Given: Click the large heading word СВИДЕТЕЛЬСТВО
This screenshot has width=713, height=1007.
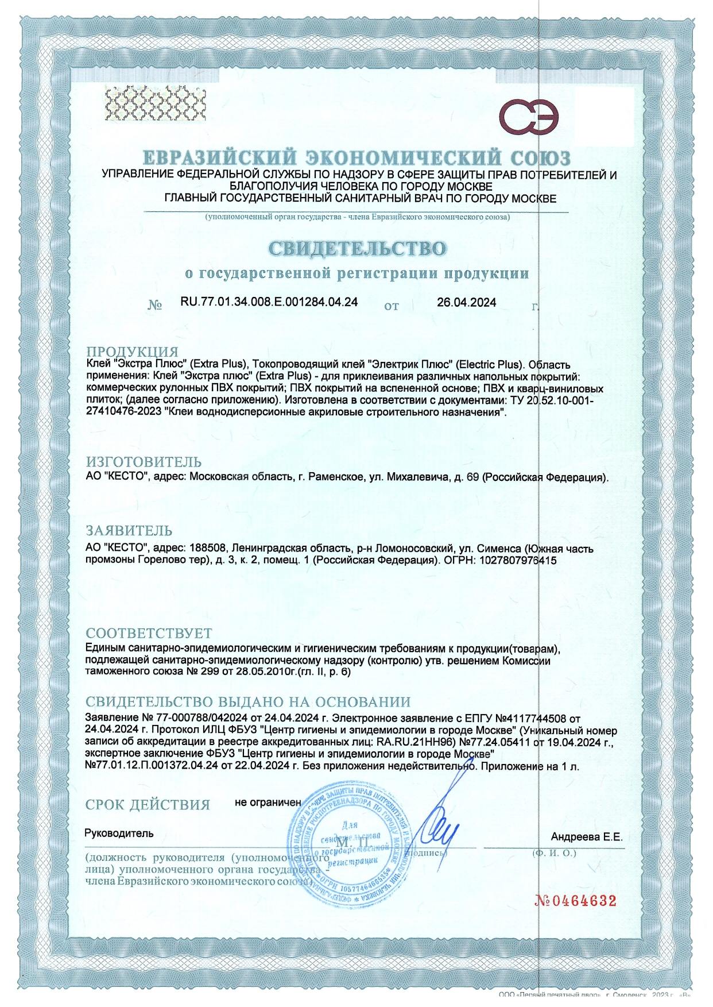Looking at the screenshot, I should pos(356,249).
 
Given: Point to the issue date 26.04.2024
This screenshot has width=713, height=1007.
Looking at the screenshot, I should pos(466,302).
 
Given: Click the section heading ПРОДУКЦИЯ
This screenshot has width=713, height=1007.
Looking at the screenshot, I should pos(132,352).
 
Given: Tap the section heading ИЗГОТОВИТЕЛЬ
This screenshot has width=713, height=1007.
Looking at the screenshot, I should pos(144,462).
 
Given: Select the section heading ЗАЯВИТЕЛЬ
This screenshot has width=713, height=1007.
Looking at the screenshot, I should pos(129,530).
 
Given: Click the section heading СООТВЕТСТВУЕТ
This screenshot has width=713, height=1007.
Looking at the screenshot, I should pos(149,634).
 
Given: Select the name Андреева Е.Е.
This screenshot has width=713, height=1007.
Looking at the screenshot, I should pos(586,837).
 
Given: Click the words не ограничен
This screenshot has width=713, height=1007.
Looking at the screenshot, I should pos(268,802).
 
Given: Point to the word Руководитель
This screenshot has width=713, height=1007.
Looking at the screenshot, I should pos(119,832).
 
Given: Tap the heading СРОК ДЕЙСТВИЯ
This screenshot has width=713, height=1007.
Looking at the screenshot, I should pos(148,805).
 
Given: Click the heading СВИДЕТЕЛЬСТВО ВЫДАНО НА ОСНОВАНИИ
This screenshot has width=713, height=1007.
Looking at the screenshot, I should pos(247,702).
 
